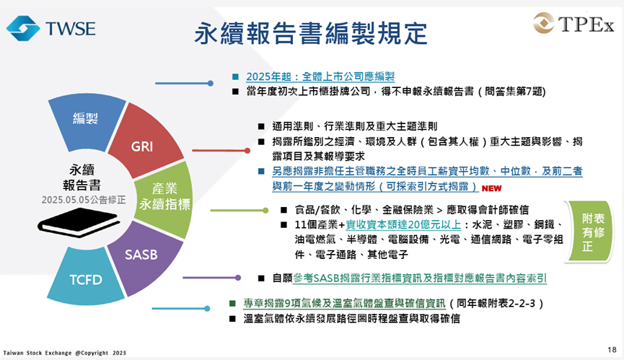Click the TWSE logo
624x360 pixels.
pyautogui.click(x=51, y=28)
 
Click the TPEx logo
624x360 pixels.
pyautogui.click(x=574, y=23)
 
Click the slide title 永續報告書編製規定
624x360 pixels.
pyautogui.click(x=311, y=33)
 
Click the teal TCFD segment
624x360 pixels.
pyautogui.click(x=86, y=278)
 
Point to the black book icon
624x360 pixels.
pyautogui.click(x=79, y=222)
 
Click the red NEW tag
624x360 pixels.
pyautogui.click(x=491, y=188)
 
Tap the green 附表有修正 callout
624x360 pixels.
pyautogui.click(x=591, y=232)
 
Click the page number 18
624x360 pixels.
pyautogui.click(x=612, y=350)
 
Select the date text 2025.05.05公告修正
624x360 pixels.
pyautogui.click(x=84, y=200)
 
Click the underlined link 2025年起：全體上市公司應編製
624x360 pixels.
pyautogui.click(x=320, y=76)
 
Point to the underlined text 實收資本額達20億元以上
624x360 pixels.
pyautogui.click(x=403, y=225)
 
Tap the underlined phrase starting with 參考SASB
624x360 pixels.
pyautogui.click(x=419, y=278)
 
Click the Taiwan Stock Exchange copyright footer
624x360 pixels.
pyautogui.click(x=64, y=353)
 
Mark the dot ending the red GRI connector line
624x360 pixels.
pyautogui.click(x=247, y=150)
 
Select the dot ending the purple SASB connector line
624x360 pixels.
pyautogui.click(x=238, y=278)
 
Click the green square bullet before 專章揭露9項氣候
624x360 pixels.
pyautogui.click(x=233, y=304)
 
